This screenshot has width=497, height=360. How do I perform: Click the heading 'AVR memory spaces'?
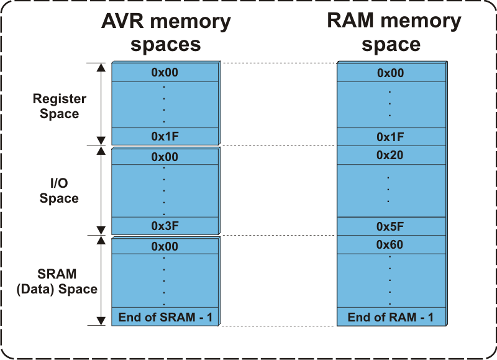pyautogui.click(x=165, y=33)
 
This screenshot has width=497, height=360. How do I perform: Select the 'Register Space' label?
pyautogui.click(x=60, y=106)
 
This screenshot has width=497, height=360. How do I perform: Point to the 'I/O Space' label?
pyautogui.click(x=60, y=191)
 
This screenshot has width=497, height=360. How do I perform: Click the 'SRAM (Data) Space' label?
pyautogui.click(x=60, y=282)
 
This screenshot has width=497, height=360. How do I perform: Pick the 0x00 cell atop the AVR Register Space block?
pyautogui.click(x=165, y=73)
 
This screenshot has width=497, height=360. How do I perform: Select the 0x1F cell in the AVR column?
pyautogui.click(x=165, y=136)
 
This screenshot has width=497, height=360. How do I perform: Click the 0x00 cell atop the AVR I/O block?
pyautogui.click(x=165, y=157)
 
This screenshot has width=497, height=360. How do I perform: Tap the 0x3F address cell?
pyautogui.click(x=165, y=226)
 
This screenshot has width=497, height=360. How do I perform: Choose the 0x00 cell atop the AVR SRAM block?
pyautogui.click(x=165, y=247)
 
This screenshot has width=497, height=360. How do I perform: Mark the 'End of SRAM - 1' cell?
pyautogui.click(x=165, y=318)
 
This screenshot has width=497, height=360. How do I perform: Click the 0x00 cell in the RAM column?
pyautogui.click(x=390, y=73)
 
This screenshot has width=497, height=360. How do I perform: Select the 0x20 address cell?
pyautogui.click(x=390, y=155)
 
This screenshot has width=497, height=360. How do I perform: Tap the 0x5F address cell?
pyautogui.click(x=390, y=226)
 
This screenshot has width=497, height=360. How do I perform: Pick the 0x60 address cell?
pyautogui.click(x=390, y=245)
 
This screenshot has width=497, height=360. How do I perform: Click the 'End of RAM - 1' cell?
pyautogui.click(x=390, y=318)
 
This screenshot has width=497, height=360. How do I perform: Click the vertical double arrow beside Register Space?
pyautogui.click(x=99, y=104)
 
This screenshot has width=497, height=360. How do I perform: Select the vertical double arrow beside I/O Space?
pyautogui.click(x=99, y=190)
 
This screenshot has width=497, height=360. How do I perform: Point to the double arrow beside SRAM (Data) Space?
pyautogui.click(x=99, y=280)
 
